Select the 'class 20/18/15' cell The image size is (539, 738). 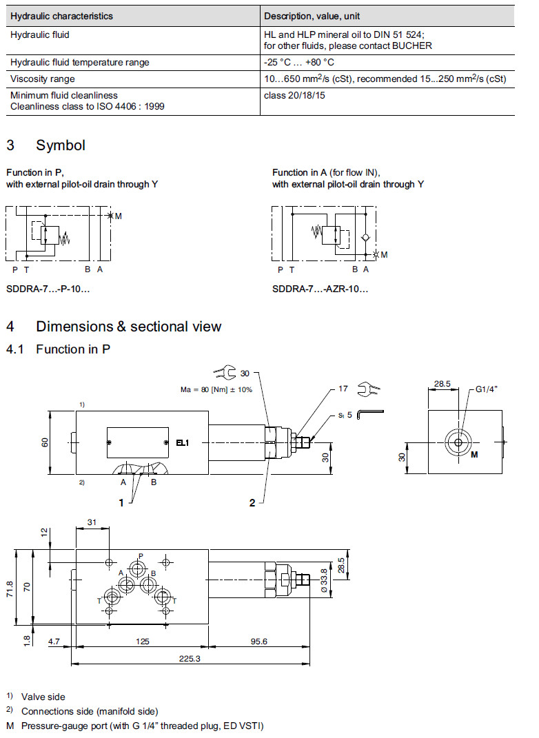pyautogui.click(x=294, y=95)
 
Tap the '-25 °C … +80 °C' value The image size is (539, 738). pyautogui.click(x=294, y=62)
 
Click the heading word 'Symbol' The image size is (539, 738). pyautogui.click(x=61, y=145)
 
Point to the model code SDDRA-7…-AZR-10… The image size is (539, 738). pyautogui.click(x=320, y=289)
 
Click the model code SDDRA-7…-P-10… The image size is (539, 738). pyautogui.click(x=48, y=289)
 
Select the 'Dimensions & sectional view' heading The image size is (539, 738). pyautogui.click(x=128, y=327)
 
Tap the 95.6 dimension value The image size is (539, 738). pyautogui.click(x=258, y=642)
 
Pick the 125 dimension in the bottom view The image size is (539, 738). pyautogui.click(x=142, y=642)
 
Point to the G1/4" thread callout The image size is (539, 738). pyautogui.click(x=487, y=389)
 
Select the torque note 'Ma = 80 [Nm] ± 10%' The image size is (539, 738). pyautogui.click(x=216, y=389)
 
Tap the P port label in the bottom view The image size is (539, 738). pyautogui.click(x=141, y=555)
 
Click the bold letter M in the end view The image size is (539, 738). pyautogui.click(x=474, y=455)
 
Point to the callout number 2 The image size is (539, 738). pyautogui.click(x=252, y=503)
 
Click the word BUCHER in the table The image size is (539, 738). pyautogui.click(x=413, y=45)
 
